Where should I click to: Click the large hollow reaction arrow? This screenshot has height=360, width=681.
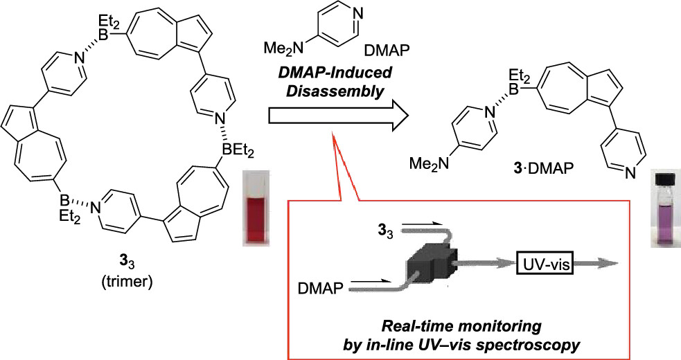pyautogui.click(x=339, y=116)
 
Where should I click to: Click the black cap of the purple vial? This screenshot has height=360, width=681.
pyautogui.click(x=666, y=179)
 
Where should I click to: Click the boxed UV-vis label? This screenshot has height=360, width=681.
pyautogui.click(x=545, y=264)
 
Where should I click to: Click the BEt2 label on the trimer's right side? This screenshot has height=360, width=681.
pyautogui.click(x=238, y=151)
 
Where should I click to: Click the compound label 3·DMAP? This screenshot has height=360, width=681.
pyautogui.click(x=539, y=168)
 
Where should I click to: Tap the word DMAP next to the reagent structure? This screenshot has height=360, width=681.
pyautogui.click(x=387, y=52)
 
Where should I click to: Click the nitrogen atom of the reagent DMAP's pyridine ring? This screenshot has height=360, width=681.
pyautogui.click(x=358, y=13)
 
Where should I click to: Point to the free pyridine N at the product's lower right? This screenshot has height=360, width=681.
pyautogui.click(x=630, y=174)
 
